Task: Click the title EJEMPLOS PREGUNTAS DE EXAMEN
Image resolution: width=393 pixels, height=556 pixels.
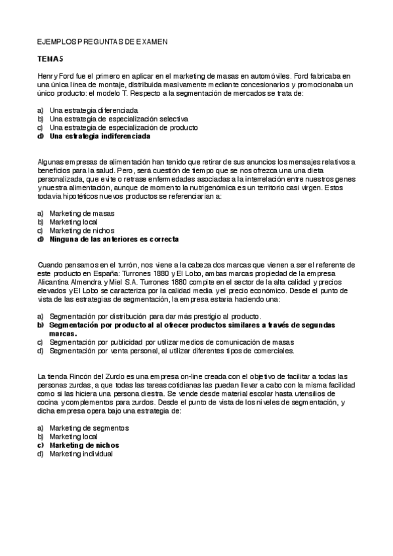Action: click(x=102, y=41)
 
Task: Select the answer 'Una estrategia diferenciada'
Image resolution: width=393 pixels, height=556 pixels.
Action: click(x=89, y=111)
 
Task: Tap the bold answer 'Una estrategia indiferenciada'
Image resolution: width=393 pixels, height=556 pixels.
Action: click(x=100, y=136)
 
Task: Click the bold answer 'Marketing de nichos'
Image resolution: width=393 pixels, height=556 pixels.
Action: click(x=84, y=445)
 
